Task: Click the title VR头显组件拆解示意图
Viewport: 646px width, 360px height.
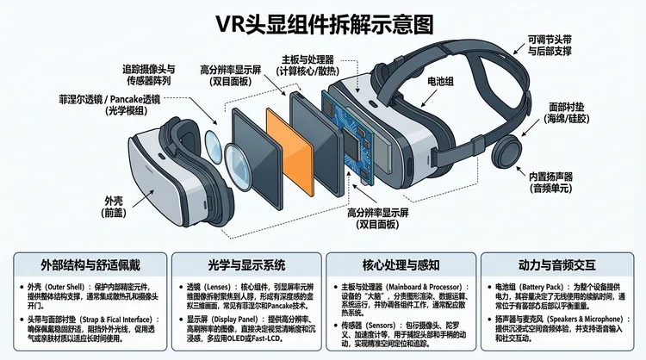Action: click(x=323, y=22)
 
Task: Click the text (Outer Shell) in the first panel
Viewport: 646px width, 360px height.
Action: click(x=64, y=283)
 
